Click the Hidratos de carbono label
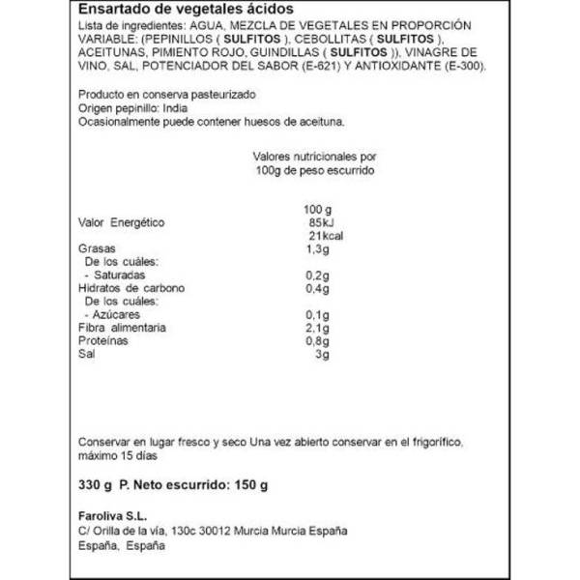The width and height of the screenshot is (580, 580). (130, 288)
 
